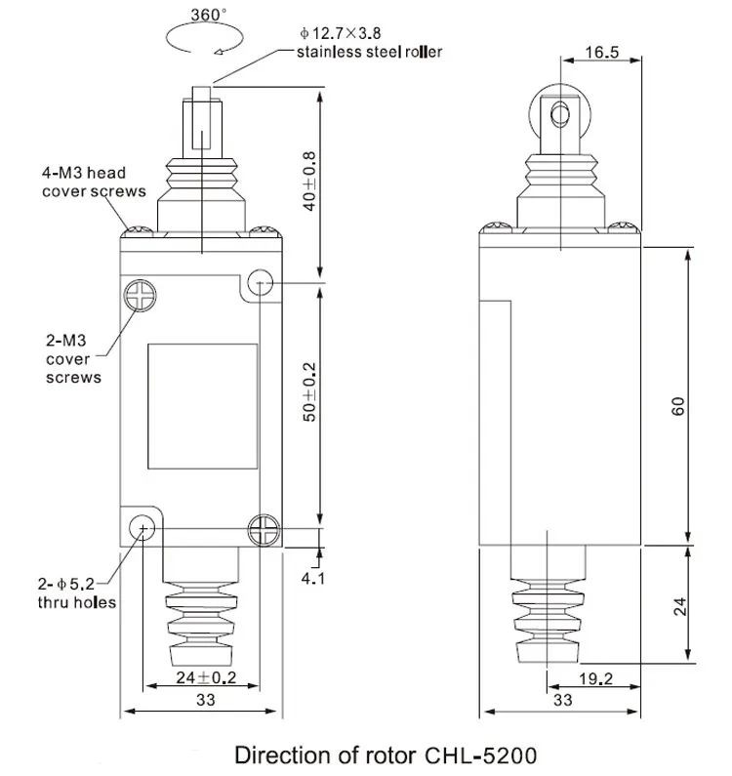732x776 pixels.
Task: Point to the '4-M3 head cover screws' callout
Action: pos(93,183)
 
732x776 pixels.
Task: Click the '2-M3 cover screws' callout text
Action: pos(74,359)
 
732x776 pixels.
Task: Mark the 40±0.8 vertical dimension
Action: pos(309,181)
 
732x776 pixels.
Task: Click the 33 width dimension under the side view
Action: pos(562,700)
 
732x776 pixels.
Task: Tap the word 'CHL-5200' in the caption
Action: pos(480,755)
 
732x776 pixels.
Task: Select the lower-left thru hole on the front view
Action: pos(143,529)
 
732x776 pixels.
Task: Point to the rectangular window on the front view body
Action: pos(202,404)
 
